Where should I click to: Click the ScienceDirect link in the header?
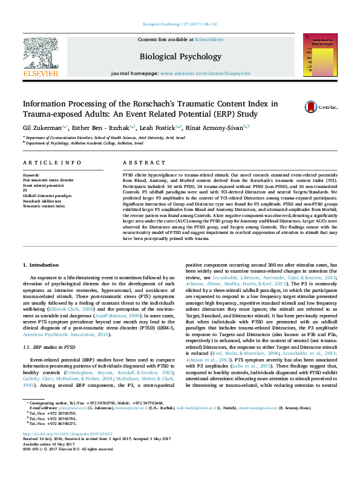[x=209, y=39]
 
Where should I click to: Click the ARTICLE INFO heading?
[x=51, y=163]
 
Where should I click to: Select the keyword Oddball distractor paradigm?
[x=48, y=196]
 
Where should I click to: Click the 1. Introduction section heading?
[x=41, y=265]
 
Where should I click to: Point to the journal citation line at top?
[x=180, y=25]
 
